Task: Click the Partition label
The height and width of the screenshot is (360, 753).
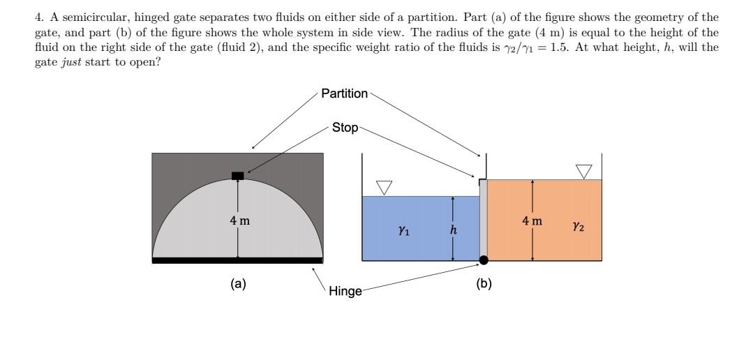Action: [x=344, y=93]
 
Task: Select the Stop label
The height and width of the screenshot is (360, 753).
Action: [x=345, y=127]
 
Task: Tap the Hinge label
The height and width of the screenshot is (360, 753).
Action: [x=345, y=292]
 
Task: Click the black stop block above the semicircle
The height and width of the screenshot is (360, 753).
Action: [x=238, y=175]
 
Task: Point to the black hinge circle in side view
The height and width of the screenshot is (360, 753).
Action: [x=484, y=260]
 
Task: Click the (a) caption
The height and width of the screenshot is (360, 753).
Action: [x=239, y=283]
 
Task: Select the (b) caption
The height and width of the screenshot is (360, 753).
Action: [x=484, y=283]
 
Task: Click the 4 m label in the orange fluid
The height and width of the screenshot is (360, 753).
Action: [x=532, y=221]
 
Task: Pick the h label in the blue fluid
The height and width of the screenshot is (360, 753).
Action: [x=454, y=230]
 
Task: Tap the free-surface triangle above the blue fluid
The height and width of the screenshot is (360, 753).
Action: [x=385, y=187]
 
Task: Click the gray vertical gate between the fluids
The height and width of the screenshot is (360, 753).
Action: [x=483, y=220]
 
